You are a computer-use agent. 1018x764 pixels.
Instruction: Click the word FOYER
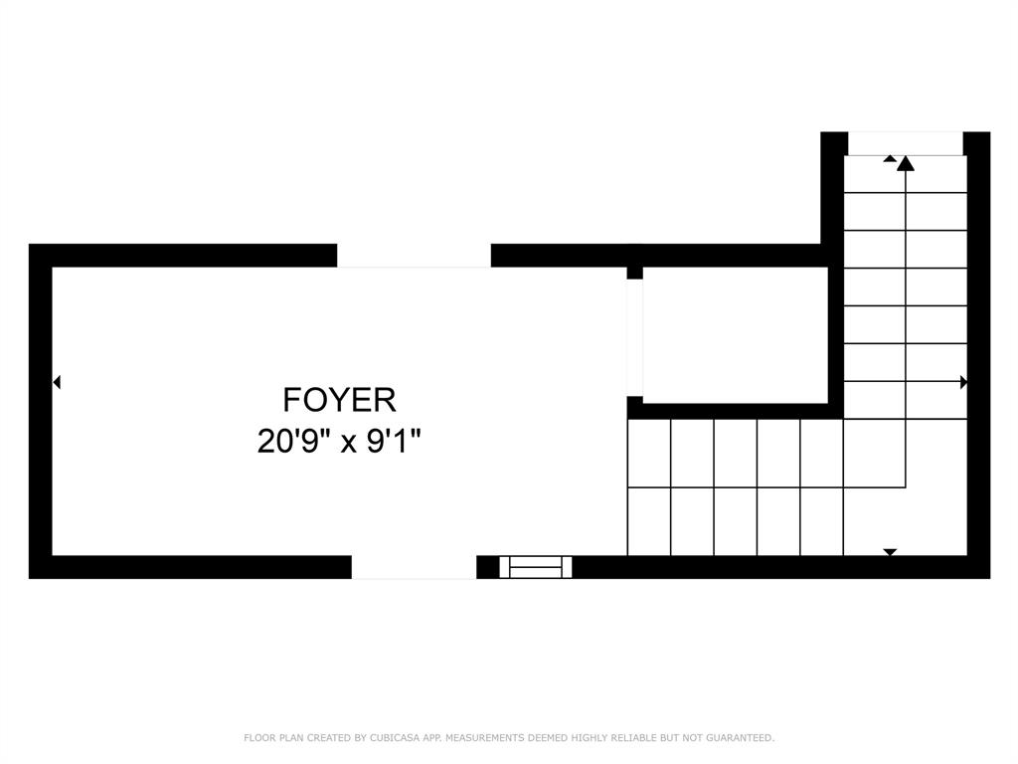[x=339, y=400]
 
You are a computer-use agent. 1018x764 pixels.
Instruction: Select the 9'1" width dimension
[x=395, y=441]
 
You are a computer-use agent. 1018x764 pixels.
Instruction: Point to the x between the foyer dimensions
[x=349, y=443]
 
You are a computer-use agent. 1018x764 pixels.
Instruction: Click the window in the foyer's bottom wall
[x=536, y=567]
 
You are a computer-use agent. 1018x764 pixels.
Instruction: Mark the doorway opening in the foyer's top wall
[x=414, y=256]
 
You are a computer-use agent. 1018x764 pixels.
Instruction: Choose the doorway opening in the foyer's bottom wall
[x=414, y=567]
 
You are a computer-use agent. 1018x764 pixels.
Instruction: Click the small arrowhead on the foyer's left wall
[x=57, y=382]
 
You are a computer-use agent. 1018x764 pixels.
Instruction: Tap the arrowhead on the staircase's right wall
[x=962, y=382]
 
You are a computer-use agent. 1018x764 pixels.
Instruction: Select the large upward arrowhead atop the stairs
[x=905, y=163]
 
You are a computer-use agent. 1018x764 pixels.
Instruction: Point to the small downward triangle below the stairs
[x=890, y=552]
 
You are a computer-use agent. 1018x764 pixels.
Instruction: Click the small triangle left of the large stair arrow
[x=889, y=158]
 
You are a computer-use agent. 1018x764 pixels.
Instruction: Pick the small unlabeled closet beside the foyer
[x=736, y=334]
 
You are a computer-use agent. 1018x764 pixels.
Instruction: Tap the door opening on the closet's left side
[x=634, y=336]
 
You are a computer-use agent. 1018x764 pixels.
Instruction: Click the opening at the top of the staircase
[x=905, y=143]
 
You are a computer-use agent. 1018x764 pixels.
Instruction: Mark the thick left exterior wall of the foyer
[x=40, y=410]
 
